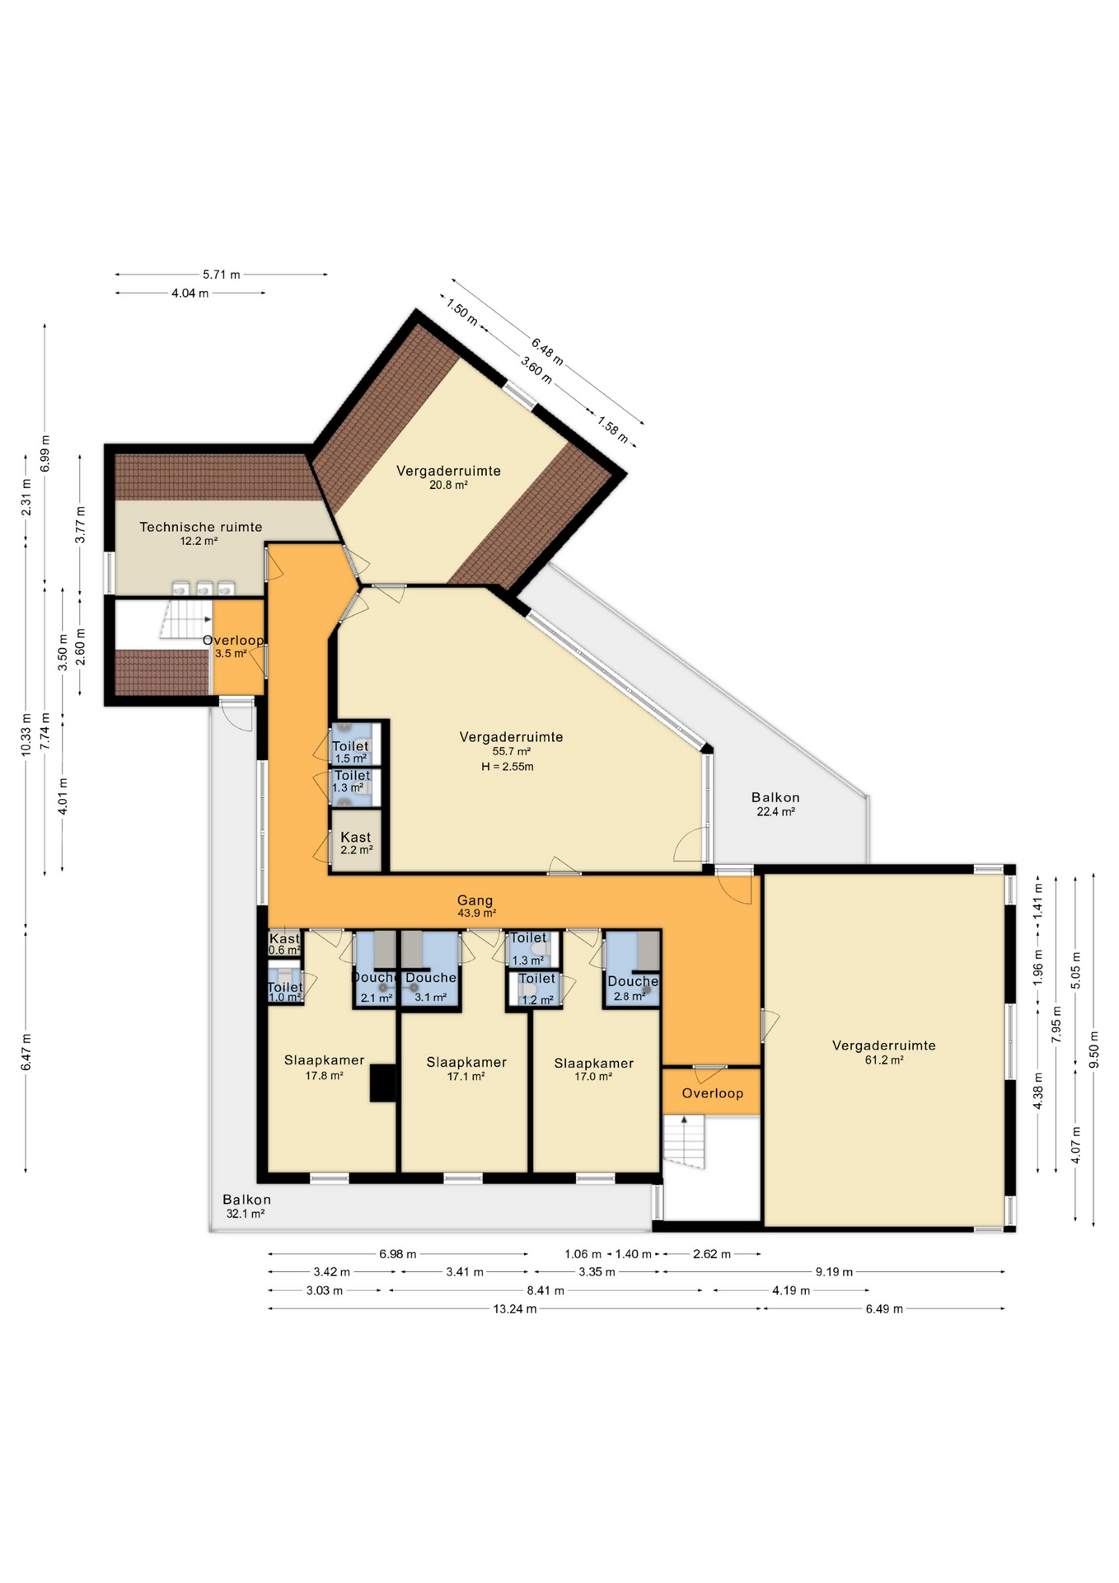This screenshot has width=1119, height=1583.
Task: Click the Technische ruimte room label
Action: (x=200, y=527)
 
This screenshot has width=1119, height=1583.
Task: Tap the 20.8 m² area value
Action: (x=448, y=486)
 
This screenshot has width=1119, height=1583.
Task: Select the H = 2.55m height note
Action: (x=508, y=767)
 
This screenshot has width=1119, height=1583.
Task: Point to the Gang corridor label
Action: (x=475, y=900)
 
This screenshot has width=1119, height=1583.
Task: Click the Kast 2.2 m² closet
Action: (x=356, y=842)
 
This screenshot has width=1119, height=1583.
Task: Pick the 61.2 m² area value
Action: (x=884, y=1060)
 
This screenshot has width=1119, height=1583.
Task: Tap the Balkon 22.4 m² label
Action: (x=775, y=804)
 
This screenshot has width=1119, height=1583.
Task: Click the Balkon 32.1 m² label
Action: (x=246, y=1206)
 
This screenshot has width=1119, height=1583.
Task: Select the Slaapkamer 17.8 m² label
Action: (x=324, y=1067)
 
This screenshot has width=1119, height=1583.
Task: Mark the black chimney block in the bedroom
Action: (x=382, y=1083)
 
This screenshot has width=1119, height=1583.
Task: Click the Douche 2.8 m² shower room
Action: (x=632, y=969)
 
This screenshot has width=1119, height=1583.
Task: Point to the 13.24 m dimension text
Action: (x=515, y=1308)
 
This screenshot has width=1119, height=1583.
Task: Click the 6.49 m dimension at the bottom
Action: (x=884, y=1308)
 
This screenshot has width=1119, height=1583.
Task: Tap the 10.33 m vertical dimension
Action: (x=26, y=734)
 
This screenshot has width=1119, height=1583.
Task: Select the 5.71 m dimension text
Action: (x=222, y=275)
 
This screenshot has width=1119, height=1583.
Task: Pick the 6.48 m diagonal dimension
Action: (x=547, y=352)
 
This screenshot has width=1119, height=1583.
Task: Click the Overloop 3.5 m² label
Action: (x=233, y=646)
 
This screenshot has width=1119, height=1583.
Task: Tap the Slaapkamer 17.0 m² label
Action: (x=593, y=1069)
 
